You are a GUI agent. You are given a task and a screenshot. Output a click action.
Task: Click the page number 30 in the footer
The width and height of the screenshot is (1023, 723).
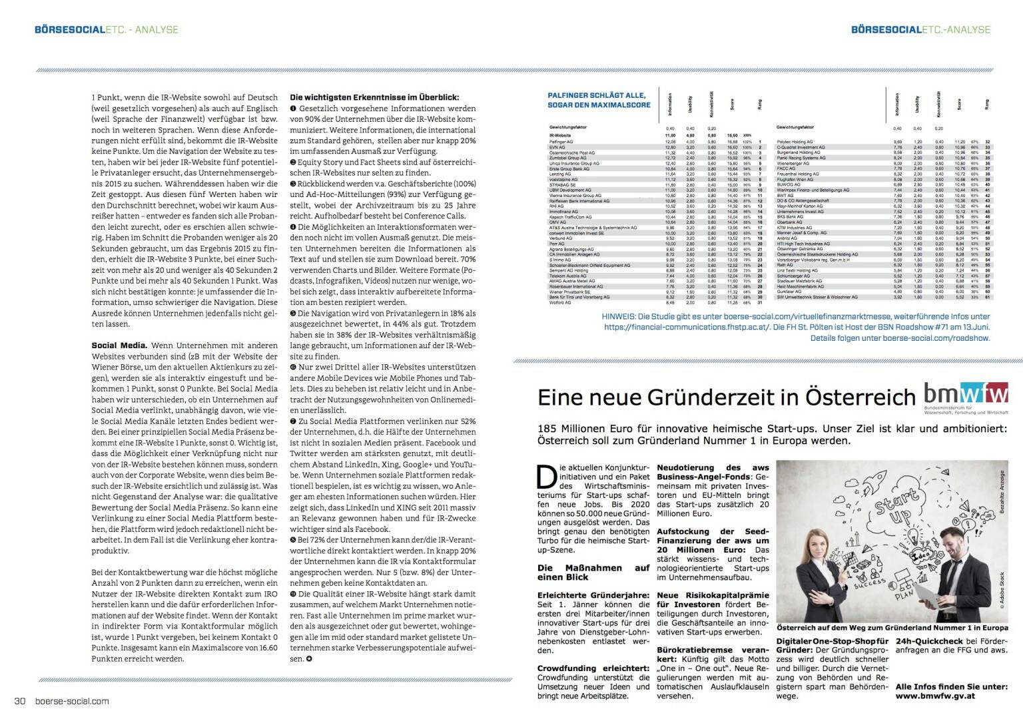tap(20, 700)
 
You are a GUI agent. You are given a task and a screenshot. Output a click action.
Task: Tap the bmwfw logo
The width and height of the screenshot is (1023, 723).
tap(965, 394)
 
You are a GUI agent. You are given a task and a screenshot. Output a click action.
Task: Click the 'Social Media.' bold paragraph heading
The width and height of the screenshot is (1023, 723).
tap(119, 346)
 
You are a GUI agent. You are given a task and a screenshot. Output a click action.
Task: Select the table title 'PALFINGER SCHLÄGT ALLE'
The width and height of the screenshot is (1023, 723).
tap(599, 95)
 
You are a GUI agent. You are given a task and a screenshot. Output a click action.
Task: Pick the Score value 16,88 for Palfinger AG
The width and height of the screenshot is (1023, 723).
tap(733, 142)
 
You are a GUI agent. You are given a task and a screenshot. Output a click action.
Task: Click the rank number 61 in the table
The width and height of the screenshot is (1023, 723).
tap(987, 297)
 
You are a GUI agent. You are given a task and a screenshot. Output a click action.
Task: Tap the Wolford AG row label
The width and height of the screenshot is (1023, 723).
tap(560, 302)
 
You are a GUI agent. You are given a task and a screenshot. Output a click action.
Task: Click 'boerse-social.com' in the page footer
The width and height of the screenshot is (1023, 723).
tap(71, 700)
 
